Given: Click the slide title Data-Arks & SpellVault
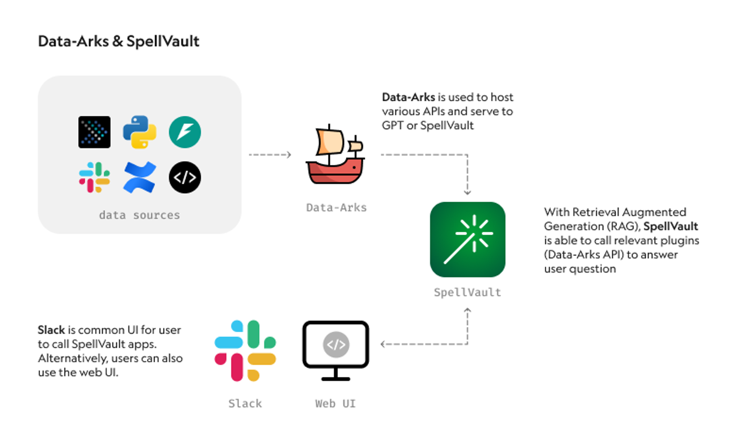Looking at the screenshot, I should [118, 41].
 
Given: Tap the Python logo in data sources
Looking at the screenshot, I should [139, 132].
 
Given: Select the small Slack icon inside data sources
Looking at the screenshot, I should [94, 177].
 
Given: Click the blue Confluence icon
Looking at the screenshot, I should [139, 177].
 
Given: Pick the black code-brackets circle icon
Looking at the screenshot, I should [185, 177].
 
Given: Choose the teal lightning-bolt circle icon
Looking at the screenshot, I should [185, 132].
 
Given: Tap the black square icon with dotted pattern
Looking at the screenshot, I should [94, 132].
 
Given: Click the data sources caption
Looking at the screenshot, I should [139, 215].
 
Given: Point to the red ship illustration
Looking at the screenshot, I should [335, 155].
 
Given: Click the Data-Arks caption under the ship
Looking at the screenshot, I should [336, 208].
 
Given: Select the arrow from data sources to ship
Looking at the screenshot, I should [270, 155].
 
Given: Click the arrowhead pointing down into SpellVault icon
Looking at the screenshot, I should [467, 192].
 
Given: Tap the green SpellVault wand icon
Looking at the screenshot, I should [467, 240].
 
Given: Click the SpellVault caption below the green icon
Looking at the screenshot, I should [467, 293].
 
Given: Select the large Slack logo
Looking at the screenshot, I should [245, 350].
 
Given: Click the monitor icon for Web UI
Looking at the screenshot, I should [336, 349].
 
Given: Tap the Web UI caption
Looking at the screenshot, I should [335, 404].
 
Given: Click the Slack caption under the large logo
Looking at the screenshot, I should [245, 404].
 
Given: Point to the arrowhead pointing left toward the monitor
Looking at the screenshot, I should [383, 344].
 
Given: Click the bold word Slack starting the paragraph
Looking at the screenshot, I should [51, 330].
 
